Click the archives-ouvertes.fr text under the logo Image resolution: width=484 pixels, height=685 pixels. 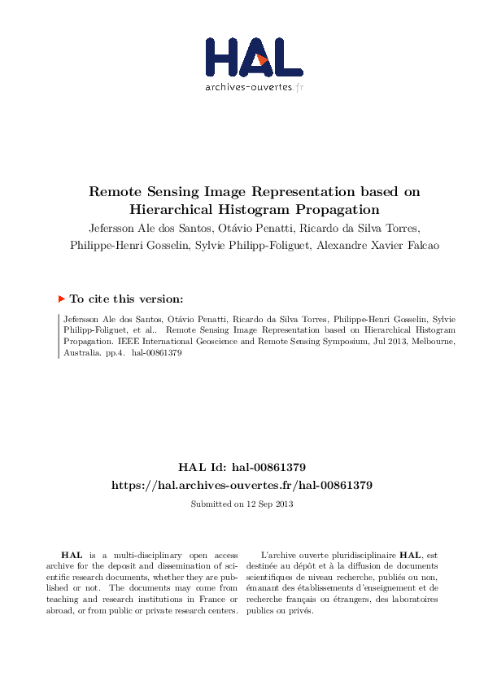click(254, 86)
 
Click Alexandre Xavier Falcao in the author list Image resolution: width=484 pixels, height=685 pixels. click(381, 246)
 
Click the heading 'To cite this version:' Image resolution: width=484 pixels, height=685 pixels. click(126, 299)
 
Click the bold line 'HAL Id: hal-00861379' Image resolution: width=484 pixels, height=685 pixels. click(242, 467)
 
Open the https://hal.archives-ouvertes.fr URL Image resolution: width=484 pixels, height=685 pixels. click(242, 485)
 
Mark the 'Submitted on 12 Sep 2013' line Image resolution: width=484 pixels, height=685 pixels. click(242, 504)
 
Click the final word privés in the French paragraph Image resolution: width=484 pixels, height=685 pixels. click(300, 610)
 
